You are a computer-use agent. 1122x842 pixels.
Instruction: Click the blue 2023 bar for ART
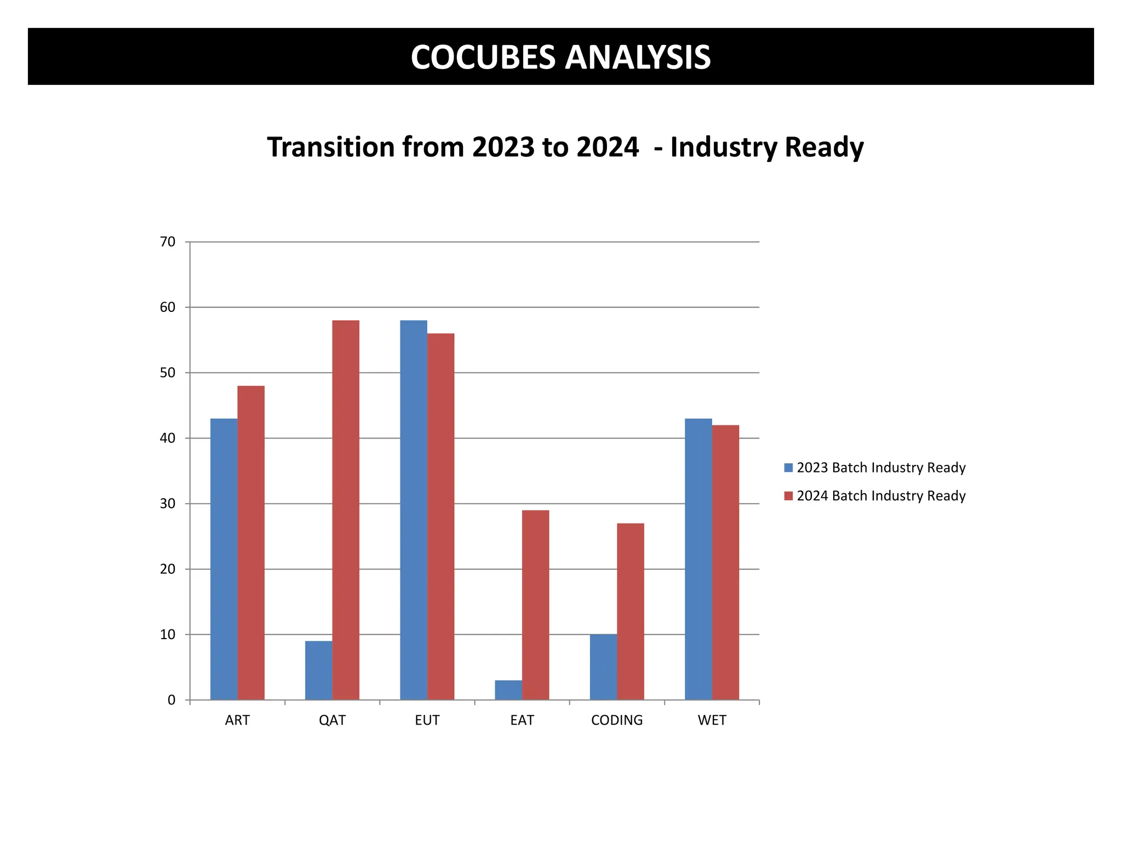pos(224,559)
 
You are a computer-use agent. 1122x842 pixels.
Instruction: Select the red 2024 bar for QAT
pos(346,510)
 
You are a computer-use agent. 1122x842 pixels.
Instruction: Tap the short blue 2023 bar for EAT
pos(508,690)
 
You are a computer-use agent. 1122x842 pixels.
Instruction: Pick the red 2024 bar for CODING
pos(631,611)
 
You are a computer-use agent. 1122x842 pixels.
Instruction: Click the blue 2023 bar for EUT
pos(414,510)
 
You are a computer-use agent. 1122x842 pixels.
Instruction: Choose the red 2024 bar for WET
pos(725,562)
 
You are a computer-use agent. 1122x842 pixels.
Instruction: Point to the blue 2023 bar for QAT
pos(319,670)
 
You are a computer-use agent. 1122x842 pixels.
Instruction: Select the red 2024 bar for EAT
pos(535,605)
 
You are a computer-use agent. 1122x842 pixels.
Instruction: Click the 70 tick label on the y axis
pos(168,242)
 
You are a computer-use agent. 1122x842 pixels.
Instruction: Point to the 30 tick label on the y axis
pos(168,504)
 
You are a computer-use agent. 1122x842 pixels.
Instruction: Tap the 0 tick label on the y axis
pos(171,700)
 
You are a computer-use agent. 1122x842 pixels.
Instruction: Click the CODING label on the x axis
pos(617,720)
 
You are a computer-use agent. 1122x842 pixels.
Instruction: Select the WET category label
pos(712,720)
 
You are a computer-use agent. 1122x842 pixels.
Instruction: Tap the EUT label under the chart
pos(427,720)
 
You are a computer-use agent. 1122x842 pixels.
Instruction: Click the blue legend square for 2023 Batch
pos(788,468)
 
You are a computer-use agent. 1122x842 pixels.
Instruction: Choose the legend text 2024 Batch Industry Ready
pos(881,496)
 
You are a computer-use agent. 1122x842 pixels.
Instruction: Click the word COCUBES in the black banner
pos(483,57)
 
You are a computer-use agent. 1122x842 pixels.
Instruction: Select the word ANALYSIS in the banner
pos(638,57)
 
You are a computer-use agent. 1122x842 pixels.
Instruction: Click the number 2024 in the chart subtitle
pos(608,147)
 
